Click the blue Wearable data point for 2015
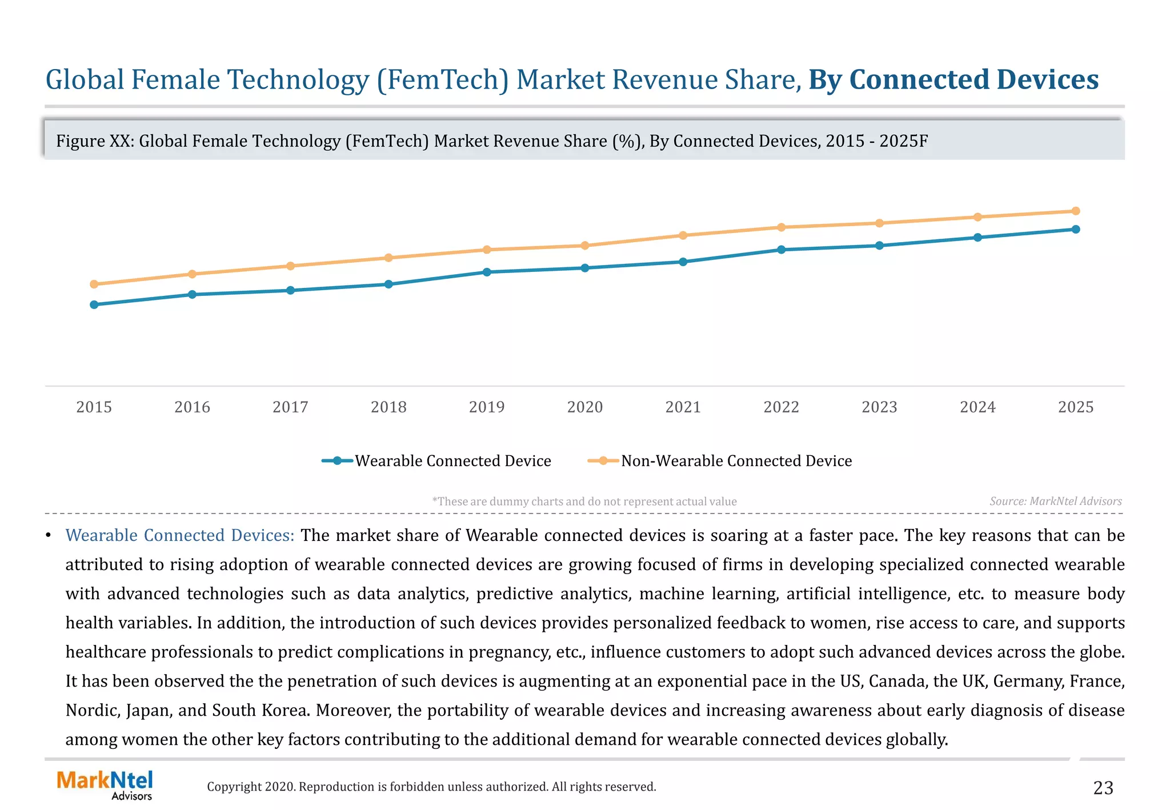tap(94, 304)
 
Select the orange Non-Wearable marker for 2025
tap(1076, 211)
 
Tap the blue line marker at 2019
tap(487, 272)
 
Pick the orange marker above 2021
tap(683, 235)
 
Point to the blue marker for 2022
tap(781, 250)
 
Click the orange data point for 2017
tap(290, 266)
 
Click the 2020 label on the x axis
tap(584, 407)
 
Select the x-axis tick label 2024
tap(977, 407)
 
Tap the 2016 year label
tap(192, 407)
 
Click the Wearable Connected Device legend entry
tap(437, 461)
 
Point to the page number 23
tap(1103, 788)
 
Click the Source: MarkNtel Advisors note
tap(1055, 502)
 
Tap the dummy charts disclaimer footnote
tap(584, 502)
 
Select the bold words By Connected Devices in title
tap(953, 79)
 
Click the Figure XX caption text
tap(491, 141)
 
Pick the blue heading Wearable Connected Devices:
tap(179, 535)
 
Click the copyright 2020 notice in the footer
tap(431, 787)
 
